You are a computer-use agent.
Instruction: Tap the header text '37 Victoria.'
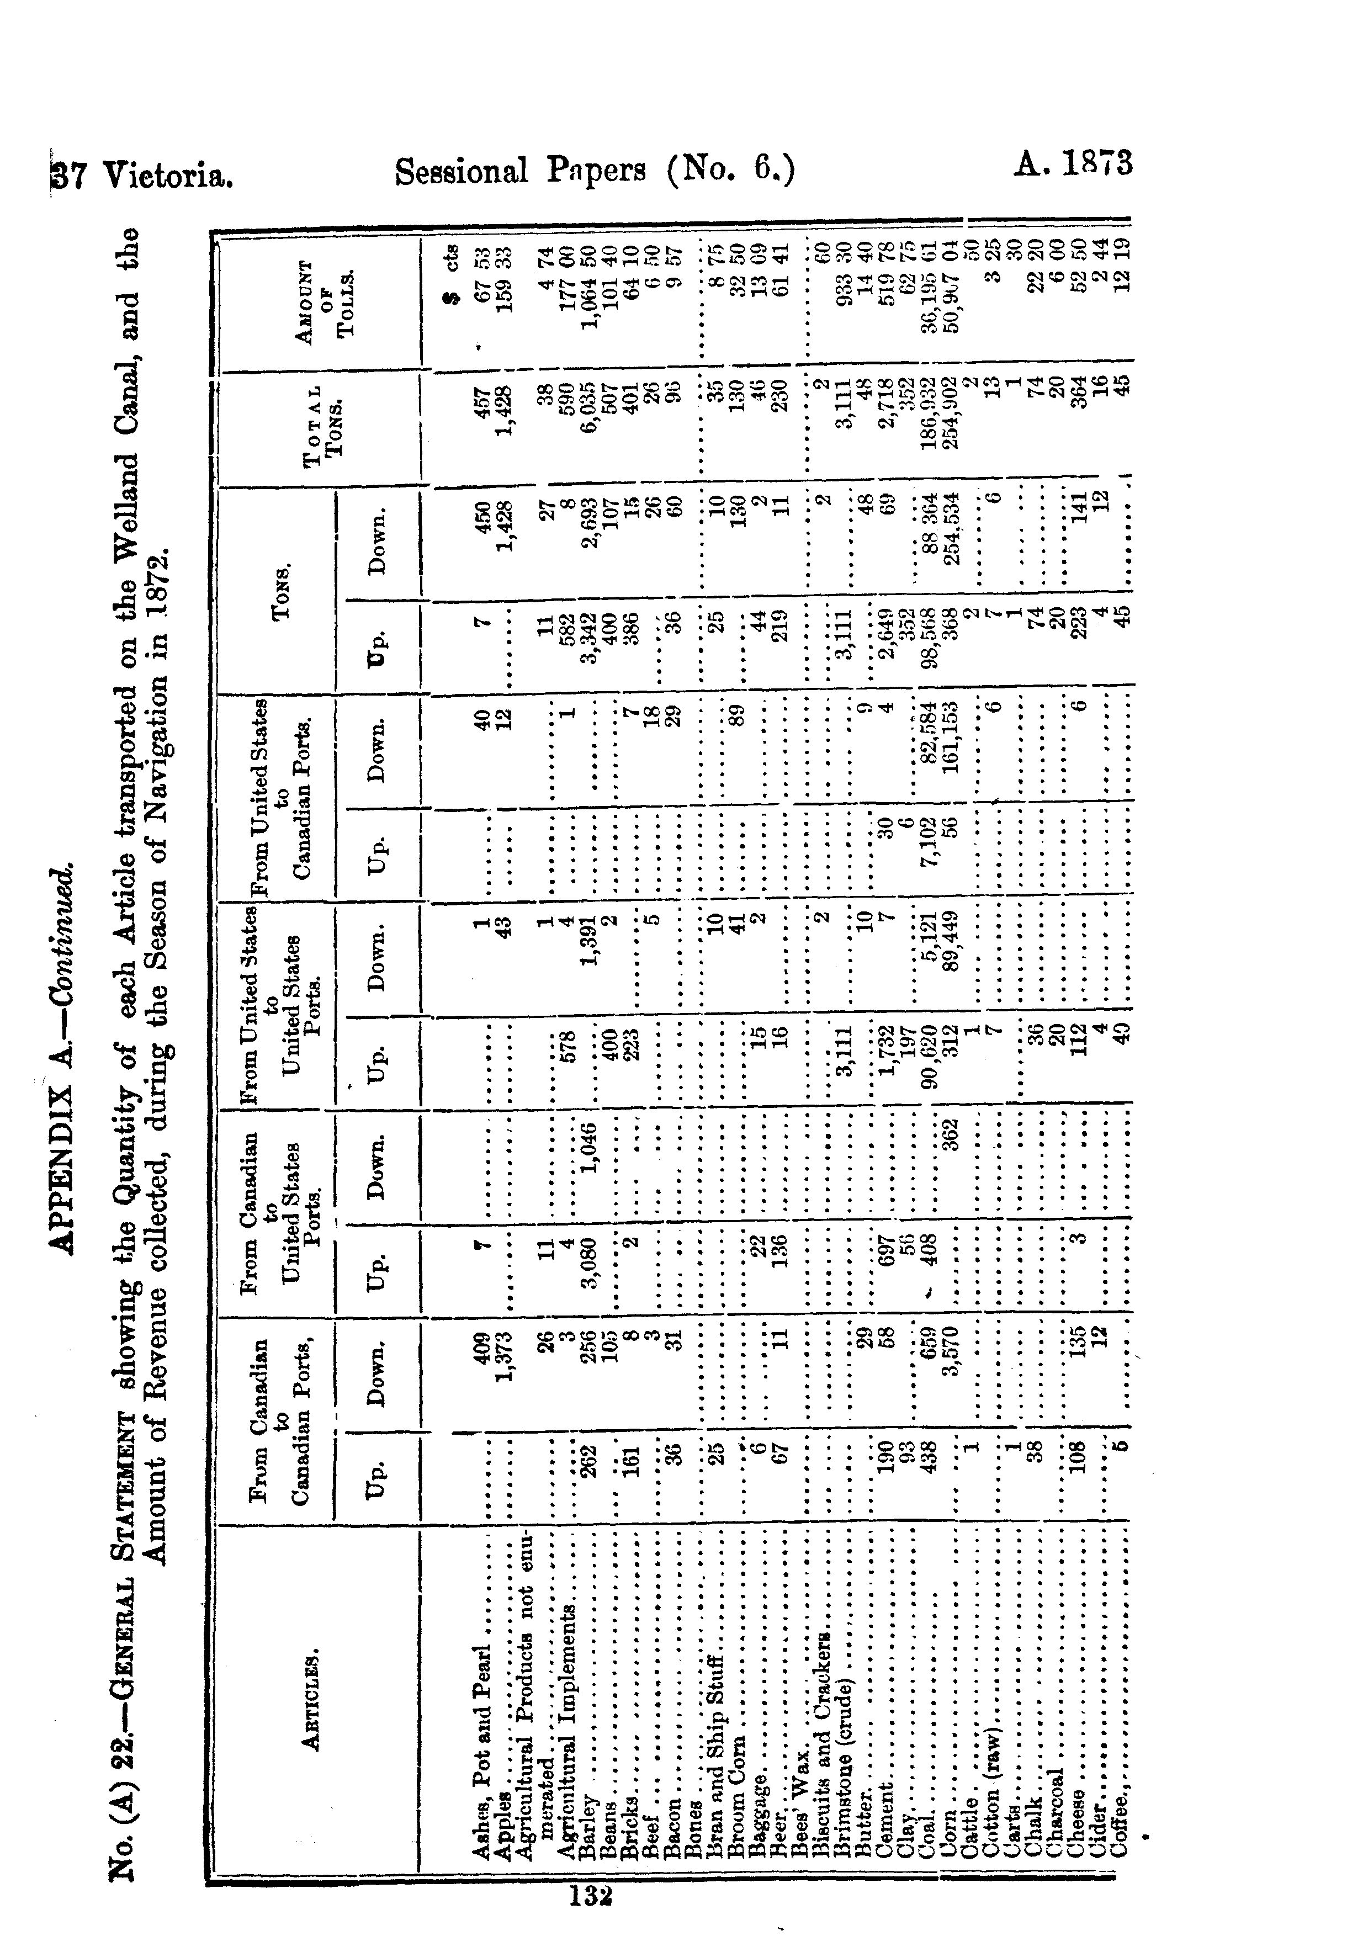tap(142, 176)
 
